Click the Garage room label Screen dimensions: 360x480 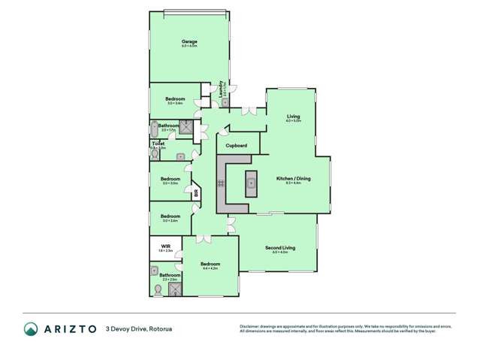[x=189, y=41]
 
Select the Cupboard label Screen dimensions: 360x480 [x=237, y=145]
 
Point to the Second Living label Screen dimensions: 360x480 [x=280, y=247]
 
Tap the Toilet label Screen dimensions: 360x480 [x=158, y=143]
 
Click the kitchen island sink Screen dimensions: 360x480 [x=251, y=183]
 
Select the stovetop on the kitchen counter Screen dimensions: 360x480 [x=221, y=183]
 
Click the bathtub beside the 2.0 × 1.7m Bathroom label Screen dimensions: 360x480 [x=155, y=129]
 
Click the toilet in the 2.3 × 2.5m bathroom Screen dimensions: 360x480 [x=158, y=288]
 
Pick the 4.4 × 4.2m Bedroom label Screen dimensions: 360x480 [x=210, y=264]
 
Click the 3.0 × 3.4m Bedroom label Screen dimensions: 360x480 [x=174, y=99]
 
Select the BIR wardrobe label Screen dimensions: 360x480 [x=196, y=193]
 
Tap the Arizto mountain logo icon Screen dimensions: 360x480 [x=31, y=328]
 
